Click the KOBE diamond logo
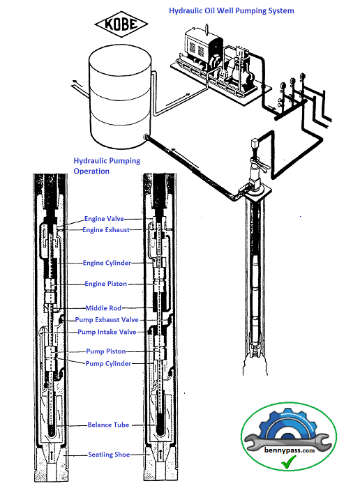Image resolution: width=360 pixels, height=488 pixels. tap(126, 25)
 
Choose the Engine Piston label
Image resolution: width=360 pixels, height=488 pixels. tap(106, 284)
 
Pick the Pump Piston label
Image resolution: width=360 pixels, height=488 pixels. tap(106, 351)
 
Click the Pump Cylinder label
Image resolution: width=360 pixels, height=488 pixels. tap(108, 363)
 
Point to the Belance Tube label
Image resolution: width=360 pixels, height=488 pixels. tap(108, 425)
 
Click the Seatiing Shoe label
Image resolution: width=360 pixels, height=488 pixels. tap(108, 455)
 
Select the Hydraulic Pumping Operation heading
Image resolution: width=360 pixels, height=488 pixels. tap(107, 166)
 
